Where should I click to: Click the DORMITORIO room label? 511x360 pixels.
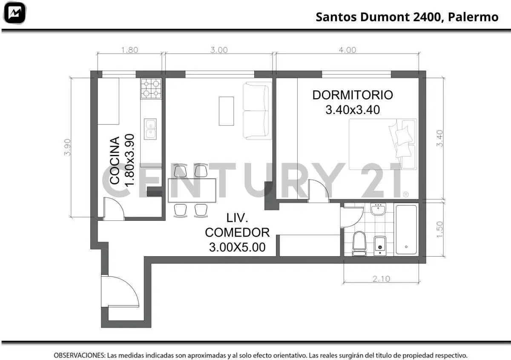(x=353, y=95)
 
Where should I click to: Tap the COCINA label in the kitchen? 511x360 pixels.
(x=115, y=160)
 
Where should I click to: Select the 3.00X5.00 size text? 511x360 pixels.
(x=237, y=247)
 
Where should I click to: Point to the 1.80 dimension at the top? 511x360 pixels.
(x=129, y=50)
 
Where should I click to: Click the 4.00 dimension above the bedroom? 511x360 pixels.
(x=347, y=50)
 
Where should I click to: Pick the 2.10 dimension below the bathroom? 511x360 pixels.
(x=381, y=279)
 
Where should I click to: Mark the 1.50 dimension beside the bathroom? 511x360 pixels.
(x=439, y=229)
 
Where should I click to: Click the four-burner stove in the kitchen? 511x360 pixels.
(x=151, y=89)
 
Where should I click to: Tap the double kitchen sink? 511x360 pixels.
(x=150, y=129)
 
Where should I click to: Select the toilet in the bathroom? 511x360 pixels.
(x=359, y=243)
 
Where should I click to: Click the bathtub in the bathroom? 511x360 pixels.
(x=406, y=230)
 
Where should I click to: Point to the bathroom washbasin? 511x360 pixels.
(x=378, y=209)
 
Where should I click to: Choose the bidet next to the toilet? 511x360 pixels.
(x=380, y=246)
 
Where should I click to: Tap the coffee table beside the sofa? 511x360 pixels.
(x=226, y=111)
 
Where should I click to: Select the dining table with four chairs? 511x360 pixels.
(x=192, y=191)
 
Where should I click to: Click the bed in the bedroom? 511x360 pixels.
(x=383, y=144)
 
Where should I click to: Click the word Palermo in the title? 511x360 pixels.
(x=473, y=17)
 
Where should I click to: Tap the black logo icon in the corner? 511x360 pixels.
(x=14, y=13)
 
